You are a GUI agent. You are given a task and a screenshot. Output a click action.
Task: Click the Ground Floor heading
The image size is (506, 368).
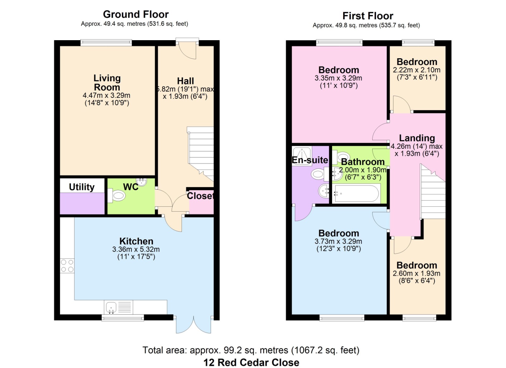136,15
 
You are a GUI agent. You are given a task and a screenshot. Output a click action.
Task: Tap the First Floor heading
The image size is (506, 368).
368,16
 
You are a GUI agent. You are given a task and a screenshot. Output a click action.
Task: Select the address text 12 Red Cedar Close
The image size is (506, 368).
251,362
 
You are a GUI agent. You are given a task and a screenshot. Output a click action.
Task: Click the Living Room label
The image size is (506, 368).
107,83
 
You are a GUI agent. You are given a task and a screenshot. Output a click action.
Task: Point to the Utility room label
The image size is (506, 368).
82,187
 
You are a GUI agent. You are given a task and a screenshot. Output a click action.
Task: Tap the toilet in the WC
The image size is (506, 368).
117,196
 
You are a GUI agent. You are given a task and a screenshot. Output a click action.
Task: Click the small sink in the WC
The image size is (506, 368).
142,182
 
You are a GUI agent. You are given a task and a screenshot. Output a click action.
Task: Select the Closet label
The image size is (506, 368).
200,196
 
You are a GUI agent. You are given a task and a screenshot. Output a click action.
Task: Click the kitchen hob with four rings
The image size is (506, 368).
67,265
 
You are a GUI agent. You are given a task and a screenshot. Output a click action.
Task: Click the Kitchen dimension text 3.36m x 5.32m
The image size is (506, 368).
136,249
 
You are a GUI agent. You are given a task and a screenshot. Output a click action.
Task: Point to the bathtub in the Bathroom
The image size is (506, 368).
356,194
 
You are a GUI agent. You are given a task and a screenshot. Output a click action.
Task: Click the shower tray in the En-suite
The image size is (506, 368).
302,156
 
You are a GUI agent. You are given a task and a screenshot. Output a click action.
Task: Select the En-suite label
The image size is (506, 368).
310,160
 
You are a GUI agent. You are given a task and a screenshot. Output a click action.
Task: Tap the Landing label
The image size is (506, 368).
417,138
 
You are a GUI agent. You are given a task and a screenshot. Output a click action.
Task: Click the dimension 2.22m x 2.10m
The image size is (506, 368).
417,70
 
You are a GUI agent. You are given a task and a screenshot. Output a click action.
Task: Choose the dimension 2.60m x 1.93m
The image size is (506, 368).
417,273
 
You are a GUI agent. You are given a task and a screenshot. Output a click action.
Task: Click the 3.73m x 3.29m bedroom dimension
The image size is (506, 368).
338,241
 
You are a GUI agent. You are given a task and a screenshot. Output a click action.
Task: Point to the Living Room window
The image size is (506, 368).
106,43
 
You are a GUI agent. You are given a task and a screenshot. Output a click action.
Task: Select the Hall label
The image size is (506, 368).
185,81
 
